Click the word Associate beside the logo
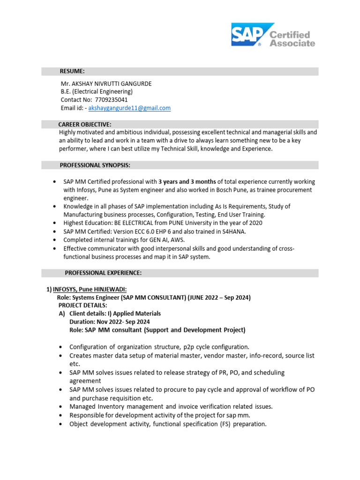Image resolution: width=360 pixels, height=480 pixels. (x=292, y=43)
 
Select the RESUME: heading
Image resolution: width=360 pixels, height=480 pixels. (x=72, y=71)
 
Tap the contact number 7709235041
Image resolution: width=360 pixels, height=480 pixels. (x=111, y=100)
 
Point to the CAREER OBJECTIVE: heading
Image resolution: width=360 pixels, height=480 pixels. (x=85, y=125)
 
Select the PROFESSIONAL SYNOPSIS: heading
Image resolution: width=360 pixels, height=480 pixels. (x=95, y=165)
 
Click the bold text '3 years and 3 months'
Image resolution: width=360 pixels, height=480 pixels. (x=187, y=182)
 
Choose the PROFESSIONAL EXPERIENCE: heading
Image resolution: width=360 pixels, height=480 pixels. (x=103, y=273)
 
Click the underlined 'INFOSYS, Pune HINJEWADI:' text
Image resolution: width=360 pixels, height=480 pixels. (x=90, y=290)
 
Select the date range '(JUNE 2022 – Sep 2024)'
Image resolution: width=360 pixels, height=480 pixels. (x=217, y=298)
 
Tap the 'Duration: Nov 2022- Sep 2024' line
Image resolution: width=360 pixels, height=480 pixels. (x=110, y=322)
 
